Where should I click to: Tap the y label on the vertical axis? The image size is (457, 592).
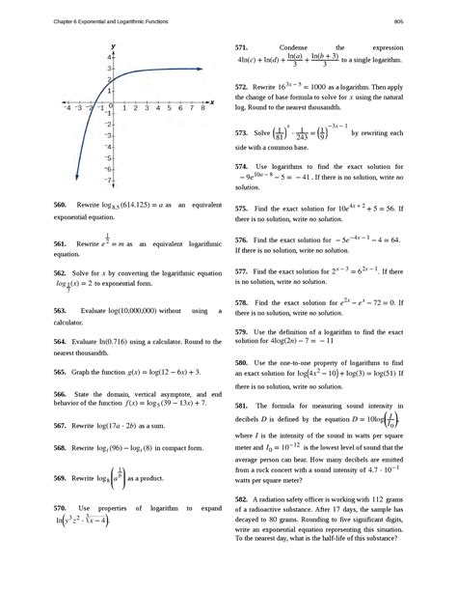(x=114, y=45)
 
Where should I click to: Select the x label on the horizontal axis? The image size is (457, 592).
(x=211, y=100)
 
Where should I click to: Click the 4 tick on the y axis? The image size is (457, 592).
(x=107, y=58)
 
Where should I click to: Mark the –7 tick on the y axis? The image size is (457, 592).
(x=106, y=181)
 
